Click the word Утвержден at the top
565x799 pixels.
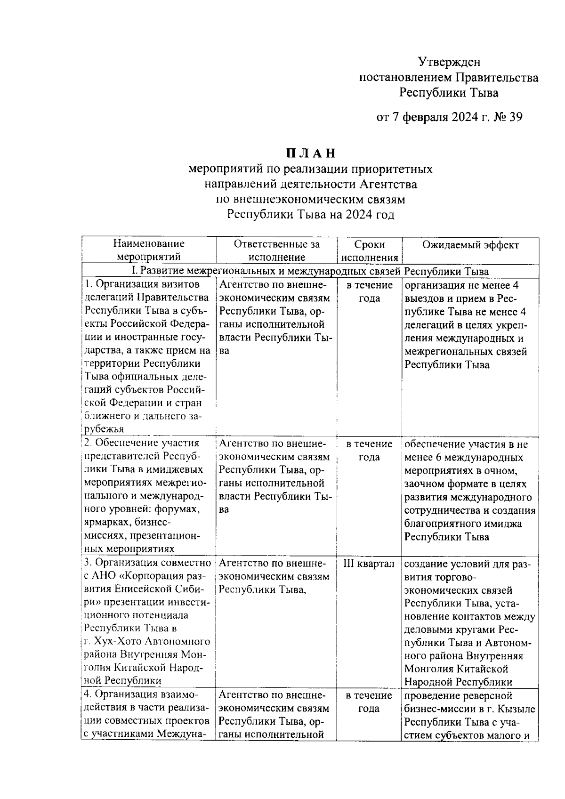point(449,62)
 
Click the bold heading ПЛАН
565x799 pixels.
point(310,153)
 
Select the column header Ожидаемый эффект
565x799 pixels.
point(470,245)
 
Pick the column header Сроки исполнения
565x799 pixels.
point(370,251)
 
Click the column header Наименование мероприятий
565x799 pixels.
point(149,250)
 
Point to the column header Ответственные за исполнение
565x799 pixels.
point(276,250)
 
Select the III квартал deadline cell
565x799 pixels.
point(369,564)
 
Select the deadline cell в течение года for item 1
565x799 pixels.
point(369,291)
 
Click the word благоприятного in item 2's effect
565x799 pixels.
point(440,524)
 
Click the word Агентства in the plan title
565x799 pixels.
point(393,184)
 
